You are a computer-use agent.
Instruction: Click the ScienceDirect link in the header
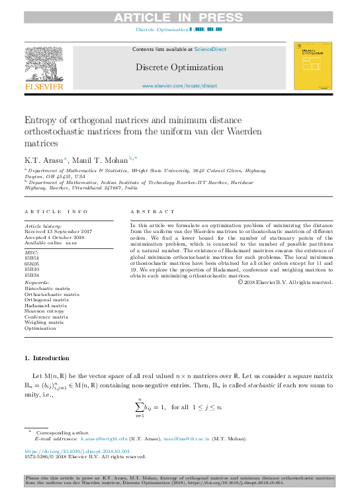[x=210, y=49]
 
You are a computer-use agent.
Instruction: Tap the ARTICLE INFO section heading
[x=56, y=211]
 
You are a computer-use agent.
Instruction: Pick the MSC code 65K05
[x=32, y=262]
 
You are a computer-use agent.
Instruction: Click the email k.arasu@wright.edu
[x=104, y=439]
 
